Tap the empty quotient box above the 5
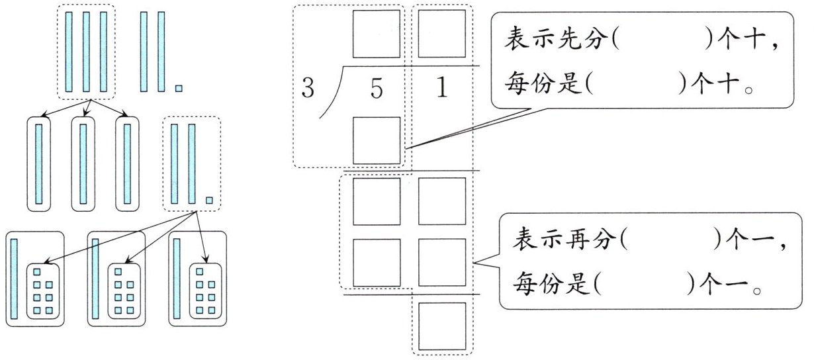click(x=376, y=33)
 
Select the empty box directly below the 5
click(x=376, y=140)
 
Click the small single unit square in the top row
click(x=178, y=87)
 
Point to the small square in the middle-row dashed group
click(x=209, y=201)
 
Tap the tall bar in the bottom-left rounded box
click(x=13, y=278)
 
